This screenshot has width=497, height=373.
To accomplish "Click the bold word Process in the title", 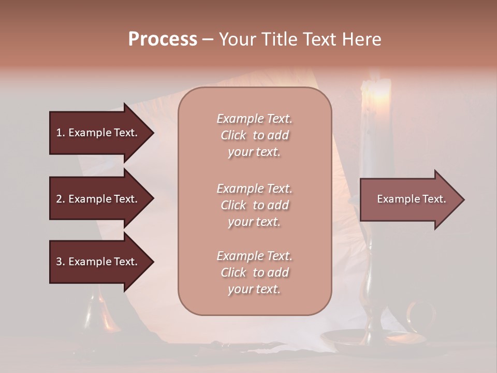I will click(x=163, y=39).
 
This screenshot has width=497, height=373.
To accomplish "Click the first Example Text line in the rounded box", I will click(x=254, y=119).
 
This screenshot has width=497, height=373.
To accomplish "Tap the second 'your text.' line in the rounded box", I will click(x=254, y=222).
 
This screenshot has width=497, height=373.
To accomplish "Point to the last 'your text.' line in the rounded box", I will click(x=254, y=289).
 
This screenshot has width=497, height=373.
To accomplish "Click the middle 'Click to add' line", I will click(x=254, y=205).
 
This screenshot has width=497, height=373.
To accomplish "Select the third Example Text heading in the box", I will click(x=254, y=256).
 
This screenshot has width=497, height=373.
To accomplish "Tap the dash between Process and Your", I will click(x=208, y=39).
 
